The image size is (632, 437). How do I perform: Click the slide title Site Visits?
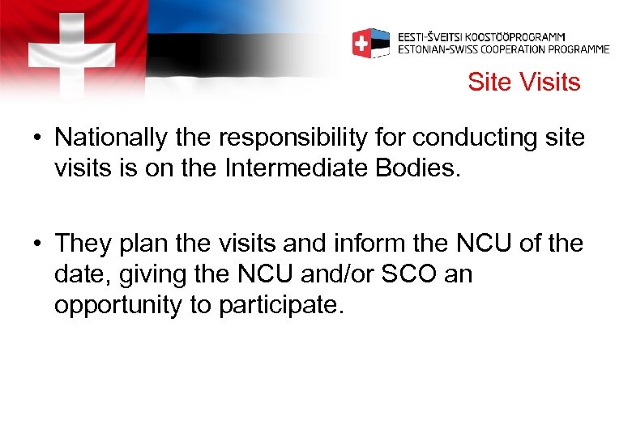(523, 83)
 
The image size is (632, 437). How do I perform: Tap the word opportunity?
(120, 306)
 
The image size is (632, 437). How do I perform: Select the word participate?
(276, 306)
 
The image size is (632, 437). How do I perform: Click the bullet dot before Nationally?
(38, 138)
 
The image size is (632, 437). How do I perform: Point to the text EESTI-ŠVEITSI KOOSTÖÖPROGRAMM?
(481, 37)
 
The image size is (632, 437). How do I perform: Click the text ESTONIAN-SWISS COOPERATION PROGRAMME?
(503, 49)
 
